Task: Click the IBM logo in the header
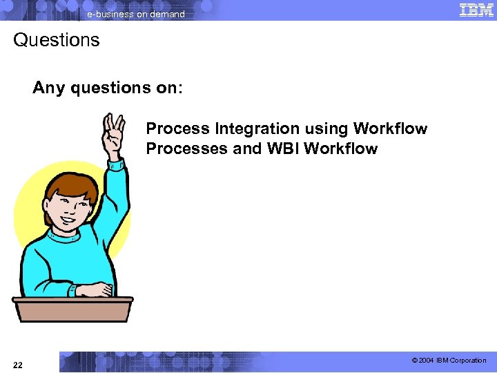pos(476,10)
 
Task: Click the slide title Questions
pos(57,40)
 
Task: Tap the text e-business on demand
pos(135,14)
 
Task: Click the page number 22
pos(17,365)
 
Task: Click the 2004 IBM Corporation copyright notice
pos(449,361)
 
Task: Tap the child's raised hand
pos(113,135)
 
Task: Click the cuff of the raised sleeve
pos(115,164)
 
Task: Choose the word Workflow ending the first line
pos(390,128)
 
